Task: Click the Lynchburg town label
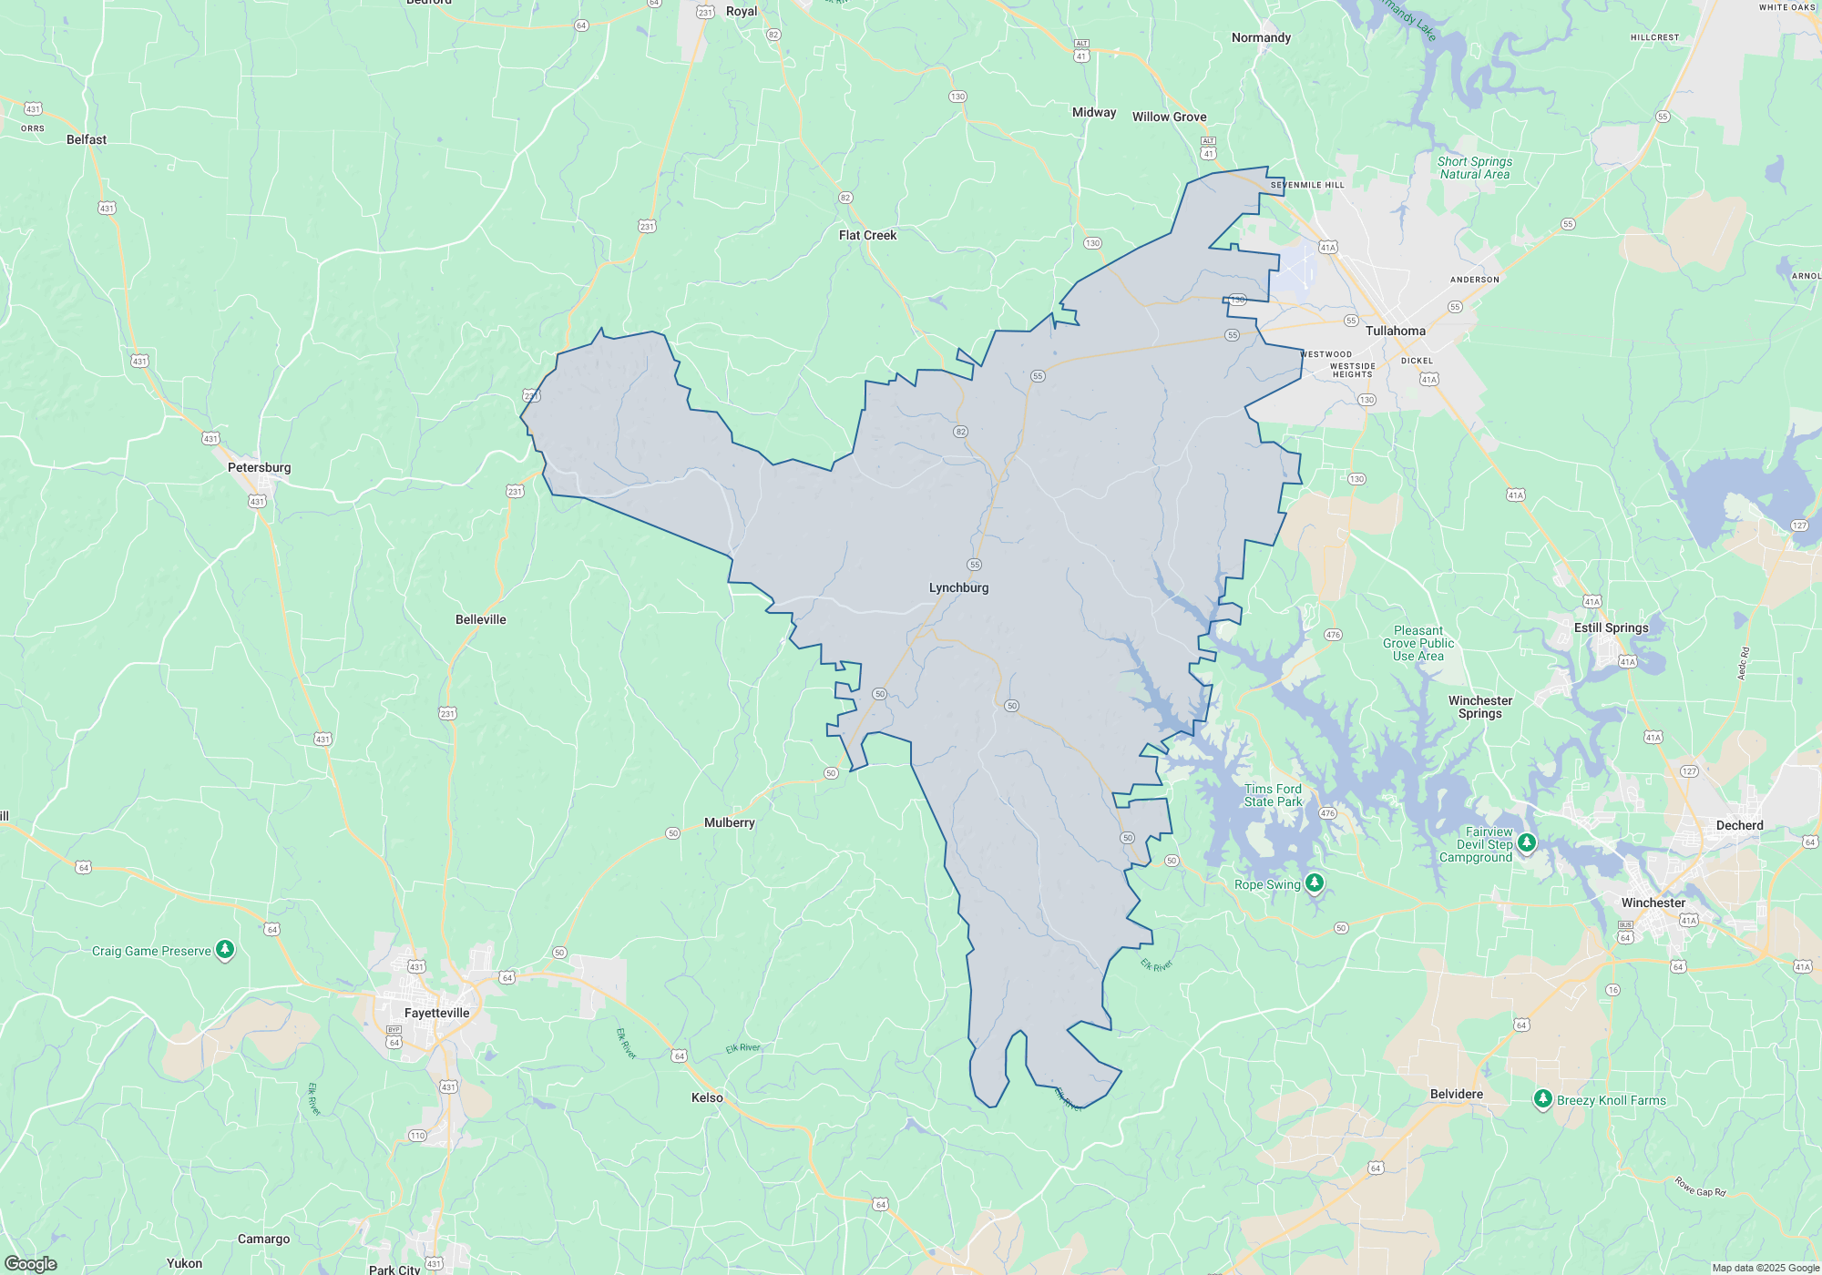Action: coord(958,588)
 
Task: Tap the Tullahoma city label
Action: coord(1395,331)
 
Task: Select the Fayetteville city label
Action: coord(436,1014)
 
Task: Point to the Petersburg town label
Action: coord(259,468)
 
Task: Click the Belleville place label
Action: coord(480,620)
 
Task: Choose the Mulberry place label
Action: coord(729,823)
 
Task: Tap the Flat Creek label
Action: coord(867,236)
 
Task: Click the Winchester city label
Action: coord(1653,903)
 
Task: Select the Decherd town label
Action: coord(1739,826)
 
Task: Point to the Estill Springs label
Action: coord(1611,628)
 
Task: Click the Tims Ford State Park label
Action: coord(1273,796)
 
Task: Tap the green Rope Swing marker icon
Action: coord(1314,882)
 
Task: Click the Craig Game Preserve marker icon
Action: coord(225,950)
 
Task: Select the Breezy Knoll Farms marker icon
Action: coord(1542,1099)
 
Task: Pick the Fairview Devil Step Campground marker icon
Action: coord(1527,842)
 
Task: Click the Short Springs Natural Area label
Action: coord(1474,168)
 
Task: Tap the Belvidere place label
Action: coord(1456,1095)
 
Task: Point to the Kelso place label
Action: coord(707,1098)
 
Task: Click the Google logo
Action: coord(30,1264)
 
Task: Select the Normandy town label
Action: coord(1261,38)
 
